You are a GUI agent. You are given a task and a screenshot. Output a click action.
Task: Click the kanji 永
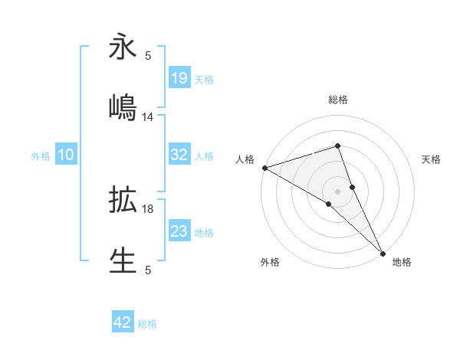(x=123, y=47)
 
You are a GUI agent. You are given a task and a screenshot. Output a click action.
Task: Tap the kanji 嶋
(x=123, y=106)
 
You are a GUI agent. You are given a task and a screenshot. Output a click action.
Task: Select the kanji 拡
(x=123, y=199)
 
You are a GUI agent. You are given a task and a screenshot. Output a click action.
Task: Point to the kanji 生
(x=123, y=259)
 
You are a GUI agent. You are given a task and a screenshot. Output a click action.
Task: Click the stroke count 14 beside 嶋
(x=148, y=117)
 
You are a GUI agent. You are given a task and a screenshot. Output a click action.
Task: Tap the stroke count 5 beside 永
(x=148, y=56)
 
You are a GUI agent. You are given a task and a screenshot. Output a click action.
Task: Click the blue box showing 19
(x=179, y=77)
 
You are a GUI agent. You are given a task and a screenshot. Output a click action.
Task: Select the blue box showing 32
(x=179, y=155)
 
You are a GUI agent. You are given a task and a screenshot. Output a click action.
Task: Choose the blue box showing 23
(x=179, y=231)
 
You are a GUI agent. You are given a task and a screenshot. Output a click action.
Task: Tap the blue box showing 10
(x=65, y=155)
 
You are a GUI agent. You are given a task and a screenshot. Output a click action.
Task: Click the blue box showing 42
(x=123, y=322)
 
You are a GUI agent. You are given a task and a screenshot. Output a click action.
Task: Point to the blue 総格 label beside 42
(x=147, y=324)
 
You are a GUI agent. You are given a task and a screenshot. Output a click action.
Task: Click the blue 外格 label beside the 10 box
(x=41, y=156)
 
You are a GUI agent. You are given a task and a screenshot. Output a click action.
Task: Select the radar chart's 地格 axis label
(x=402, y=262)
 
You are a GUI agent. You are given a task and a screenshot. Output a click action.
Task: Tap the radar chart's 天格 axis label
(x=432, y=159)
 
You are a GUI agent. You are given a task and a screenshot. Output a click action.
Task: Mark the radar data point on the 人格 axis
(x=264, y=168)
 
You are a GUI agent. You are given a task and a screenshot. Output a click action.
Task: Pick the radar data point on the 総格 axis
(x=337, y=146)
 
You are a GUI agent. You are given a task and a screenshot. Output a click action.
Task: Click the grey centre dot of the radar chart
(x=337, y=191)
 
